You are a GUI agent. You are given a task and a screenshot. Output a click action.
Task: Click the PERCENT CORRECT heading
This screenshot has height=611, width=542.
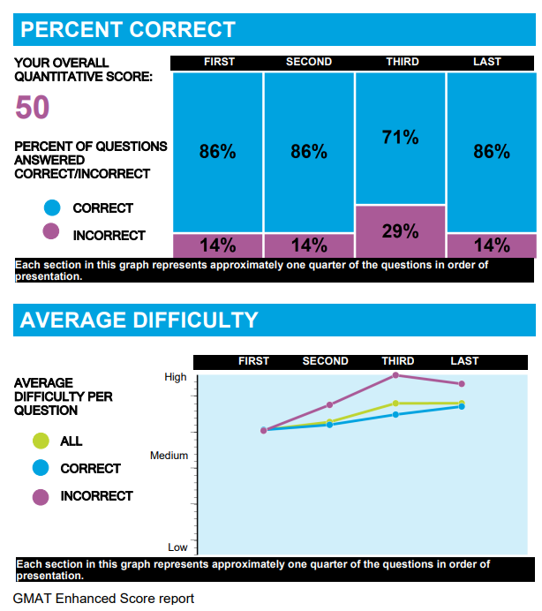point(128,30)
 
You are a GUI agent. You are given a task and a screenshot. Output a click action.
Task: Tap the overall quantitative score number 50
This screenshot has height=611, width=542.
point(33,109)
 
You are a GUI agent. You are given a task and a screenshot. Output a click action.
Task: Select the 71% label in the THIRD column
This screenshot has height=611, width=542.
point(400,138)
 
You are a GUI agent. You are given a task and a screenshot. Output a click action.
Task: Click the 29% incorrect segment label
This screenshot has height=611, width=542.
point(400,231)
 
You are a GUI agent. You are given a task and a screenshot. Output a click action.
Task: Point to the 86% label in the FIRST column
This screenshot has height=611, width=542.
point(217,152)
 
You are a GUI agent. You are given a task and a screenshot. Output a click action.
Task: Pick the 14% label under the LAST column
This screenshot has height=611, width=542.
point(491,245)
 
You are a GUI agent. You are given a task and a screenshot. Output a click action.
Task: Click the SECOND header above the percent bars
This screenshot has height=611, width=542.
point(309,62)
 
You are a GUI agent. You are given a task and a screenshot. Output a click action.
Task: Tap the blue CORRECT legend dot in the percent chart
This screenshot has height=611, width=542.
point(51,208)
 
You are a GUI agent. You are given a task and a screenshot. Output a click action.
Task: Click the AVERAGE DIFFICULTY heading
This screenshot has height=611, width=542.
point(139,320)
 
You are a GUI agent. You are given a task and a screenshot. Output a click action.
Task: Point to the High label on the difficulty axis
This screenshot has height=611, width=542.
point(176,377)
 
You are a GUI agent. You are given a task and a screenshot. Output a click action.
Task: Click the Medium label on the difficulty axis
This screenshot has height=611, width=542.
point(169,456)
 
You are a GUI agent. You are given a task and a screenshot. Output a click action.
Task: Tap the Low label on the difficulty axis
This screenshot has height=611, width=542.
point(177,547)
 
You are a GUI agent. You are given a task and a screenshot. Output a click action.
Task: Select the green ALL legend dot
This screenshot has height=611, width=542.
point(40,441)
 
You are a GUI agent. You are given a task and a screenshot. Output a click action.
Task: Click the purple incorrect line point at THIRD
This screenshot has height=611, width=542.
point(395,375)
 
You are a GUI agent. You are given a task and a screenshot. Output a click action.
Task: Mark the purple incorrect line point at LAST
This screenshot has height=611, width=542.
point(462,383)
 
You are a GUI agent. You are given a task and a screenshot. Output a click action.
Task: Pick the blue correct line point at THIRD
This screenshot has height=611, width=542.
point(395,414)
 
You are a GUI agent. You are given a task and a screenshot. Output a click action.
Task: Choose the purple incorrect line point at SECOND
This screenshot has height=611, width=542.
point(329,405)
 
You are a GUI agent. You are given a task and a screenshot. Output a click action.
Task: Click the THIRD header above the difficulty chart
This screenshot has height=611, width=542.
point(398,361)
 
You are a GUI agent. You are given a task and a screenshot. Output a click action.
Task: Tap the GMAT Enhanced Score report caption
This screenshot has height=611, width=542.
point(103,599)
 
